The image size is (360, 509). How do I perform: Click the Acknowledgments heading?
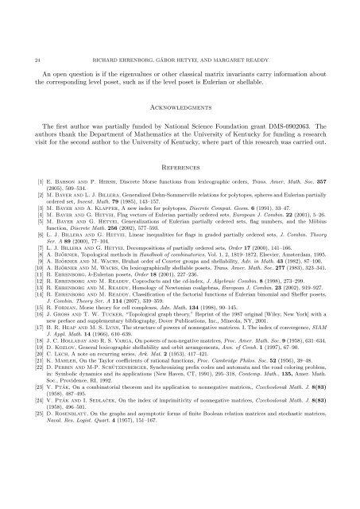pyautogui.click(x=180, y=134)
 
